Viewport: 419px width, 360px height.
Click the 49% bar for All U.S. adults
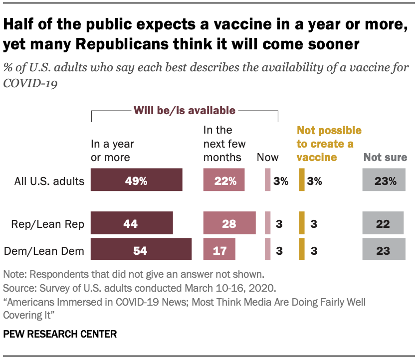136,180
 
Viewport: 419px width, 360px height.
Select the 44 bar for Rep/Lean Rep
132,223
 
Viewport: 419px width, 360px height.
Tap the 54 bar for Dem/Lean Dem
141,249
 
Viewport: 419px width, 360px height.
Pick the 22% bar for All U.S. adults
224,180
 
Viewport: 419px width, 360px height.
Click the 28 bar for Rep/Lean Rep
229,223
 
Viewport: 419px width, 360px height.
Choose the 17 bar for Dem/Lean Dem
219,249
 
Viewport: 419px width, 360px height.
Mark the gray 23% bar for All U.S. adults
384,180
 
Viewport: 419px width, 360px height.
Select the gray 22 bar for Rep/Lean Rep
384,223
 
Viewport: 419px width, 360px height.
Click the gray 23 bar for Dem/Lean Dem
384,249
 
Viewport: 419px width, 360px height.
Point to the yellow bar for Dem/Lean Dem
301,249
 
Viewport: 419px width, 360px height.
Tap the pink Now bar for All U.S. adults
267,180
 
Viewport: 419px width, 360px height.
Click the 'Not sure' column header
385,158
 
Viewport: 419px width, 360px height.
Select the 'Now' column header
267,158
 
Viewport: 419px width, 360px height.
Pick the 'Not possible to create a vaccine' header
329,144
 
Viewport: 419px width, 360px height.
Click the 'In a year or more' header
112,151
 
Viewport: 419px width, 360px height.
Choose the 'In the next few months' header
222,144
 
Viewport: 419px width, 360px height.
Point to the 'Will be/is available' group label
185,110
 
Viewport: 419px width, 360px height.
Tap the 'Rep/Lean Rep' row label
47,224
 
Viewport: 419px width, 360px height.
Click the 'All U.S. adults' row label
49,180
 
